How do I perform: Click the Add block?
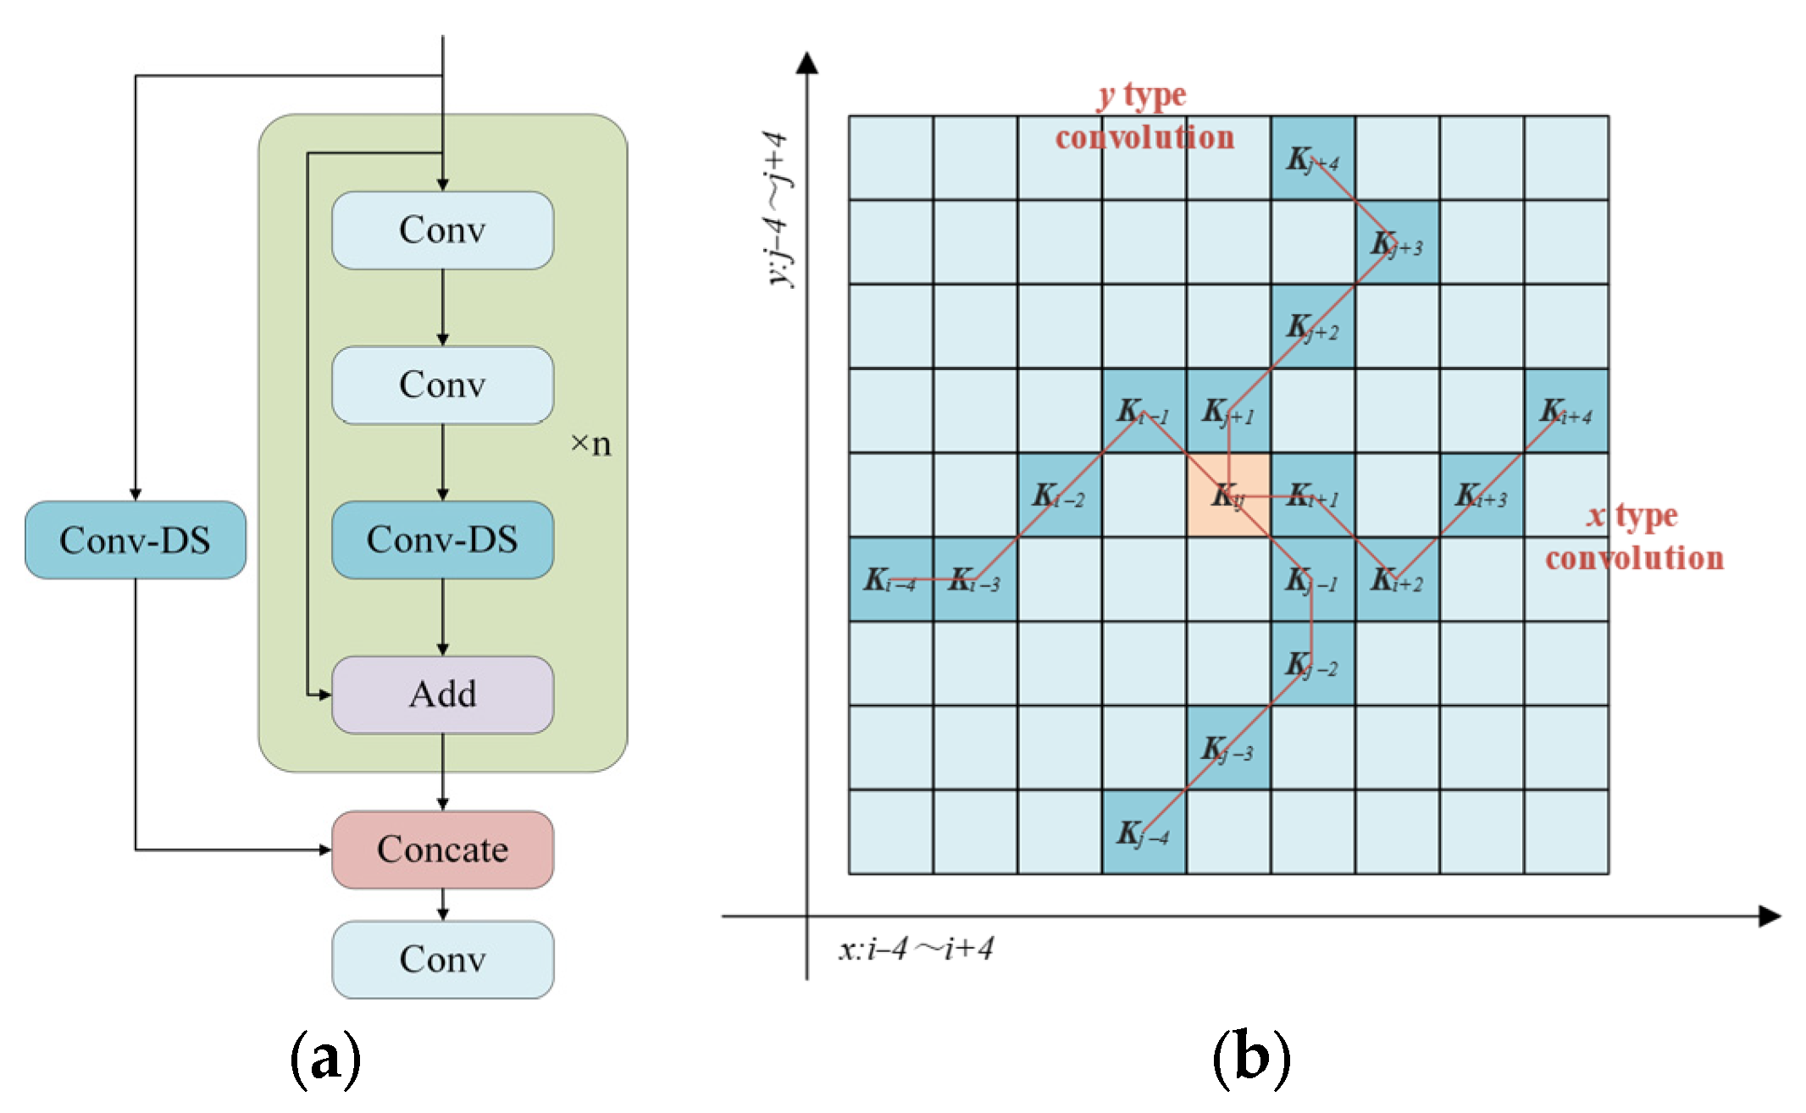click(442, 695)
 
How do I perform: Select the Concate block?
click(442, 850)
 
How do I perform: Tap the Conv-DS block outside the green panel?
click(136, 540)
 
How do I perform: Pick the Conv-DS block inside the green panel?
click(442, 540)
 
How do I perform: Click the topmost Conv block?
click(442, 230)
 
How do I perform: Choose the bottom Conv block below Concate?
click(442, 960)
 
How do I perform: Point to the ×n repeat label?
click(591, 444)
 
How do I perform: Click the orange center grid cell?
click(1228, 495)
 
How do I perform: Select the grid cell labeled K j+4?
click(1312, 158)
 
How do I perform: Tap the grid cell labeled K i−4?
click(891, 579)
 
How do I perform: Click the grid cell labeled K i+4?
click(1566, 411)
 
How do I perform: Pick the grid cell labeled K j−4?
click(1144, 832)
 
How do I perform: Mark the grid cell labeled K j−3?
click(1228, 748)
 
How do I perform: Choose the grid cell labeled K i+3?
click(1482, 495)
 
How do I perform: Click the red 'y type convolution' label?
click(1144, 117)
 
